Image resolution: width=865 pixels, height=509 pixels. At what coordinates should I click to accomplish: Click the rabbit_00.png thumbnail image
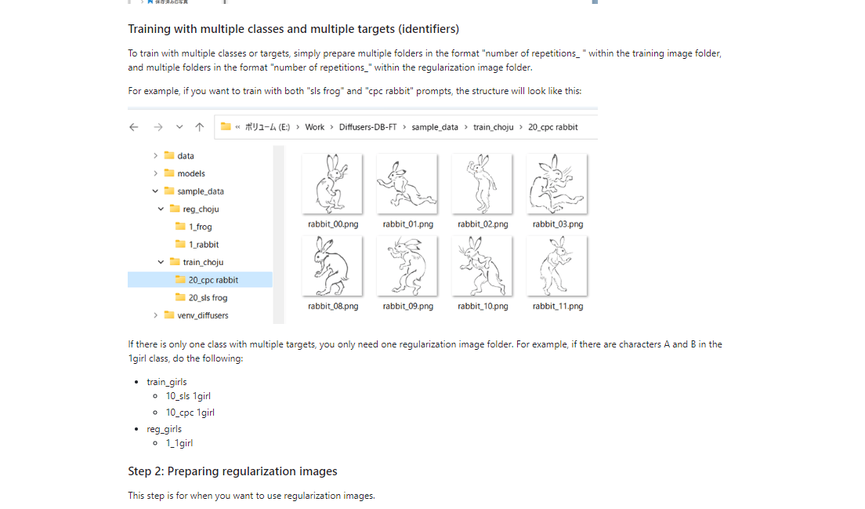coord(331,184)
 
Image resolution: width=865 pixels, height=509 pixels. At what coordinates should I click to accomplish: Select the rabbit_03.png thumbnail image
coord(557,184)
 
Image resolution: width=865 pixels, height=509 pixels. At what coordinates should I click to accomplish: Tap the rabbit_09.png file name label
coord(407,306)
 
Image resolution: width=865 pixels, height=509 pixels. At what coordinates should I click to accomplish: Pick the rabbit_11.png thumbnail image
coord(557,266)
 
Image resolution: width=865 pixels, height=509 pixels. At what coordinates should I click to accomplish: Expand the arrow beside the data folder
coord(156,156)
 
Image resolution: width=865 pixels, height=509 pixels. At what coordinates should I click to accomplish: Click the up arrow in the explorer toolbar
coord(200,127)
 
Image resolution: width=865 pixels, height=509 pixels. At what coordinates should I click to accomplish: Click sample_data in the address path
coord(434,127)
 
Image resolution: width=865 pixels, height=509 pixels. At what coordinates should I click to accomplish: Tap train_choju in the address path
coord(493,127)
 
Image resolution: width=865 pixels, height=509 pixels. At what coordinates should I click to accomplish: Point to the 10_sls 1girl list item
coord(188,396)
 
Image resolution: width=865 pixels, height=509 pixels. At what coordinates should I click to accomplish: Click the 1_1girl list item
coord(179,443)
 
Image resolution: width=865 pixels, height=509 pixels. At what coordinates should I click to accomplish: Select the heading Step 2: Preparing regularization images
coord(233,471)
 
